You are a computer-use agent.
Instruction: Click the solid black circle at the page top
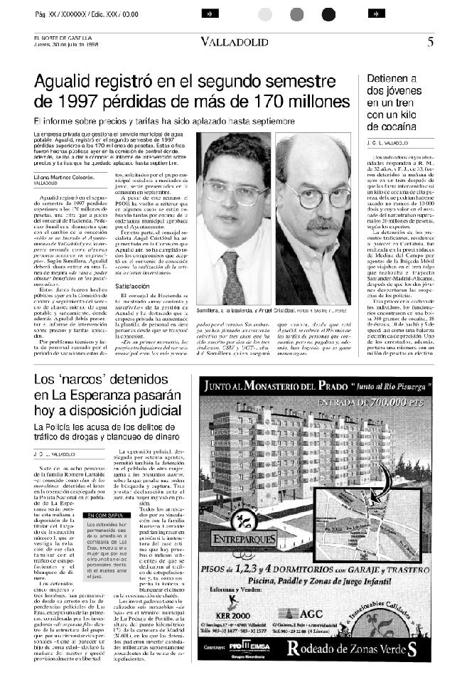click(x=328, y=14)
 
